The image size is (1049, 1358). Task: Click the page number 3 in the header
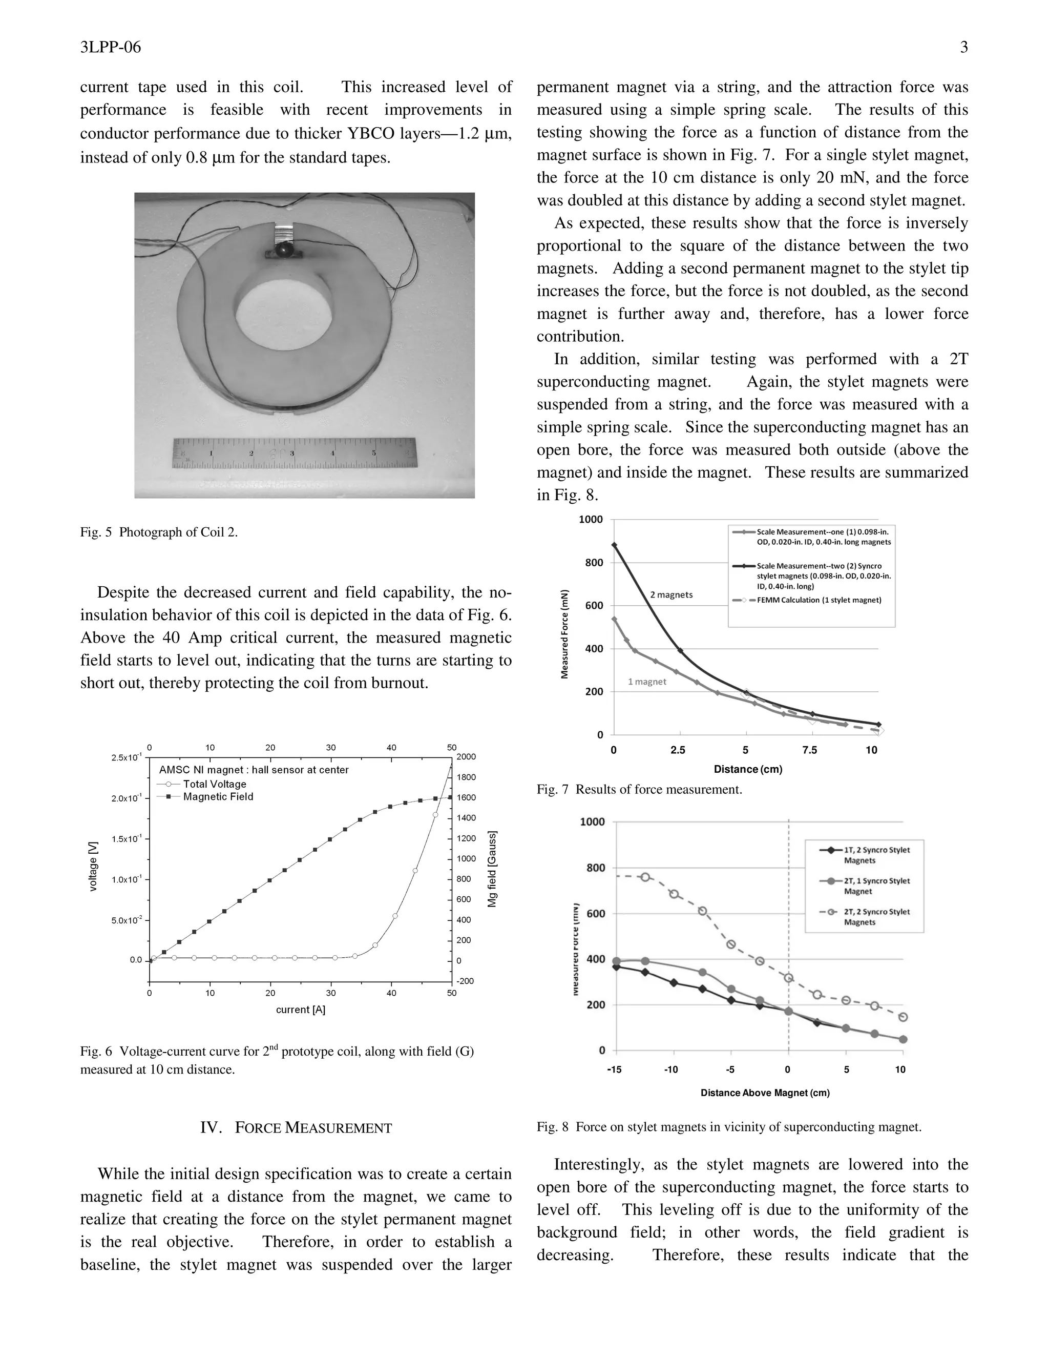coord(964,47)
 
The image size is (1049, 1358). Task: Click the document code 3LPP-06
coord(111,47)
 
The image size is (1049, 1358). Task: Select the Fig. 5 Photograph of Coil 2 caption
coord(159,532)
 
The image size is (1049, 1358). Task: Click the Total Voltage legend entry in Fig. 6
coord(215,784)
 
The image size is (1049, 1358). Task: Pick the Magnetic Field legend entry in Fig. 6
coord(218,796)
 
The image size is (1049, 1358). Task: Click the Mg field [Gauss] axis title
coord(492,869)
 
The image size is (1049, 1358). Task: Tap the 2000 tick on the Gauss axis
coord(466,757)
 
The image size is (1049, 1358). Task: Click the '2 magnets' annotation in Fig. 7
coord(671,594)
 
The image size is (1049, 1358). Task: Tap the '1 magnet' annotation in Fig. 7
coord(647,682)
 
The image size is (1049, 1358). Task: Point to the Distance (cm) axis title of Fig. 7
coord(748,769)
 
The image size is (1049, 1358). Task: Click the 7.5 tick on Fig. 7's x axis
coord(809,750)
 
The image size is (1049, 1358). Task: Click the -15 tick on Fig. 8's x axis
coord(614,1069)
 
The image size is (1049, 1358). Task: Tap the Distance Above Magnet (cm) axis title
coord(765,1093)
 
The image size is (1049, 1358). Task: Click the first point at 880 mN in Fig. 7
coord(615,545)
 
